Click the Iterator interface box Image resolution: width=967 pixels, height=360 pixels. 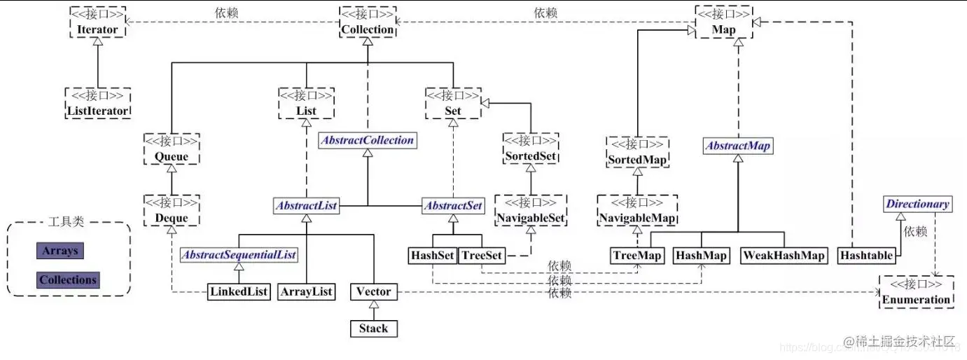(97, 22)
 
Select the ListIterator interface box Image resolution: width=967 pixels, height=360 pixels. (97, 103)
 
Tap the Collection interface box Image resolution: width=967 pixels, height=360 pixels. (368, 22)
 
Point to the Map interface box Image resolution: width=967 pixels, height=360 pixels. (723, 22)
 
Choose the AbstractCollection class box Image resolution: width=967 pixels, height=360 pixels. (368, 140)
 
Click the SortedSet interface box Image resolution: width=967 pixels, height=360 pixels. (531, 148)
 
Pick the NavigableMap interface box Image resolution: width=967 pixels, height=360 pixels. (637, 212)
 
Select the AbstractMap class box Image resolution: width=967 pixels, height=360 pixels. (737, 146)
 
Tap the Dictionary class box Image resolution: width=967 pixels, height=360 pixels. (917, 205)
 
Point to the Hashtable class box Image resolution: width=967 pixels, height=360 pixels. (866, 256)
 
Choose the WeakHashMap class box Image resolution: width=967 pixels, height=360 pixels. (784, 256)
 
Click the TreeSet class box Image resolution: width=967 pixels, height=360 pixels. (482, 256)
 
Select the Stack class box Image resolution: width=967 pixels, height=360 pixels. (373, 328)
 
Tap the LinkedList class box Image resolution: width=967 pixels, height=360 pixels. (239, 292)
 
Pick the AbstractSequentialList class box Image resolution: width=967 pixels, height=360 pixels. (239, 255)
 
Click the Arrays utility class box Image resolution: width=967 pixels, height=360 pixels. (60, 251)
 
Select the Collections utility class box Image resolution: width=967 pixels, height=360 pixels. (68, 280)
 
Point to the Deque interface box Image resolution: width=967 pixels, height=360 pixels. (172, 212)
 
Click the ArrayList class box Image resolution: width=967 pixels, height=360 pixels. (306, 292)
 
